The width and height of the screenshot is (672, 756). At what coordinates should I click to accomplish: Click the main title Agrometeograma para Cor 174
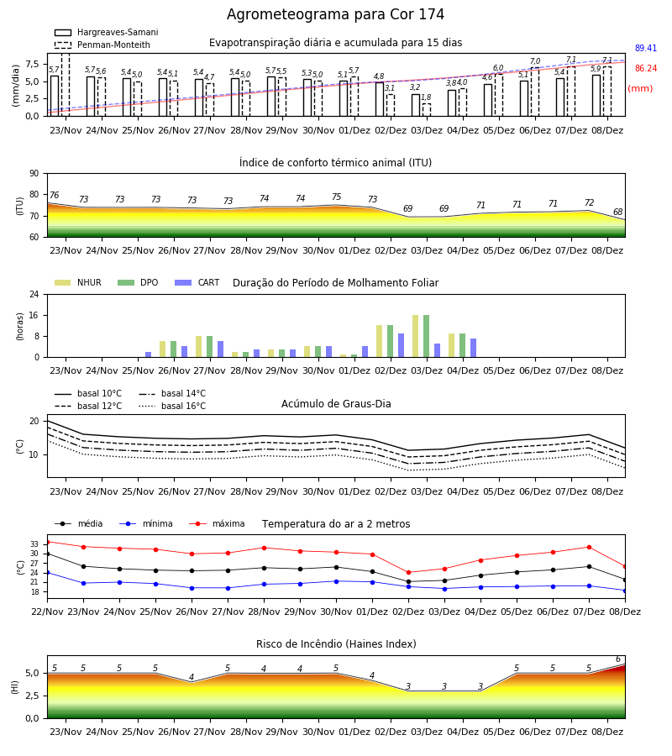click(x=335, y=14)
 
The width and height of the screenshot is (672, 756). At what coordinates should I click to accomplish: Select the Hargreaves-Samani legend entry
click(x=107, y=32)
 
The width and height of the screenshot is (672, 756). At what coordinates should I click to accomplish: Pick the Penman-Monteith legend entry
click(x=102, y=45)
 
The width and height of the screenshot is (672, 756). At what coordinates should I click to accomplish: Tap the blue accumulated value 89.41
click(x=646, y=48)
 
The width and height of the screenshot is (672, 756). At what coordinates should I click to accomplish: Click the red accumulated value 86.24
click(x=646, y=69)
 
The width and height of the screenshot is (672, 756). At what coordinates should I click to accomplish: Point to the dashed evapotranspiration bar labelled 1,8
click(x=426, y=110)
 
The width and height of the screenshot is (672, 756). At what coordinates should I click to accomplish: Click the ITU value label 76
click(x=54, y=195)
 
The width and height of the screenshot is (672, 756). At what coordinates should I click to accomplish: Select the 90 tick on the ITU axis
click(x=34, y=174)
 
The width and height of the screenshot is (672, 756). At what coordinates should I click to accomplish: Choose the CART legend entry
click(x=197, y=282)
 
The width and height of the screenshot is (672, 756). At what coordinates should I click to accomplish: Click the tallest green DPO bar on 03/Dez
click(x=426, y=336)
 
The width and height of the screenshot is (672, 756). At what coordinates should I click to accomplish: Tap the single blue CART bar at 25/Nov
click(x=148, y=354)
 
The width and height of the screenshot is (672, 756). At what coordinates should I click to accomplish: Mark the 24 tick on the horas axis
click(x=34, y=294)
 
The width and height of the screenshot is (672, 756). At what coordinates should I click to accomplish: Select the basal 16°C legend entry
click(x=172, y=406)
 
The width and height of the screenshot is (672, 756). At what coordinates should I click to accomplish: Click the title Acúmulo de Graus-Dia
click(x=336, y=403)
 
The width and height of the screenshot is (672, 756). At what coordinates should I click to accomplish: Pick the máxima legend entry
click(x=217, y=523)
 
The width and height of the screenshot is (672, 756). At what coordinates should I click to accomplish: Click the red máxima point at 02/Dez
click(x=409, y=573)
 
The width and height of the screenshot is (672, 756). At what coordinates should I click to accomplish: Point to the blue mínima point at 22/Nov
click(x=48, y=573)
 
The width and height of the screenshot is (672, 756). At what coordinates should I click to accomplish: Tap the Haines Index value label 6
click(x=618, y=659)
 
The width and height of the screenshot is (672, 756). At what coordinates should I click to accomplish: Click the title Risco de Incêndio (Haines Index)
click(x=336, y=644)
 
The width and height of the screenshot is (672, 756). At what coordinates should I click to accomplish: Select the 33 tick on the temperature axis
click(x=34, y=544)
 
